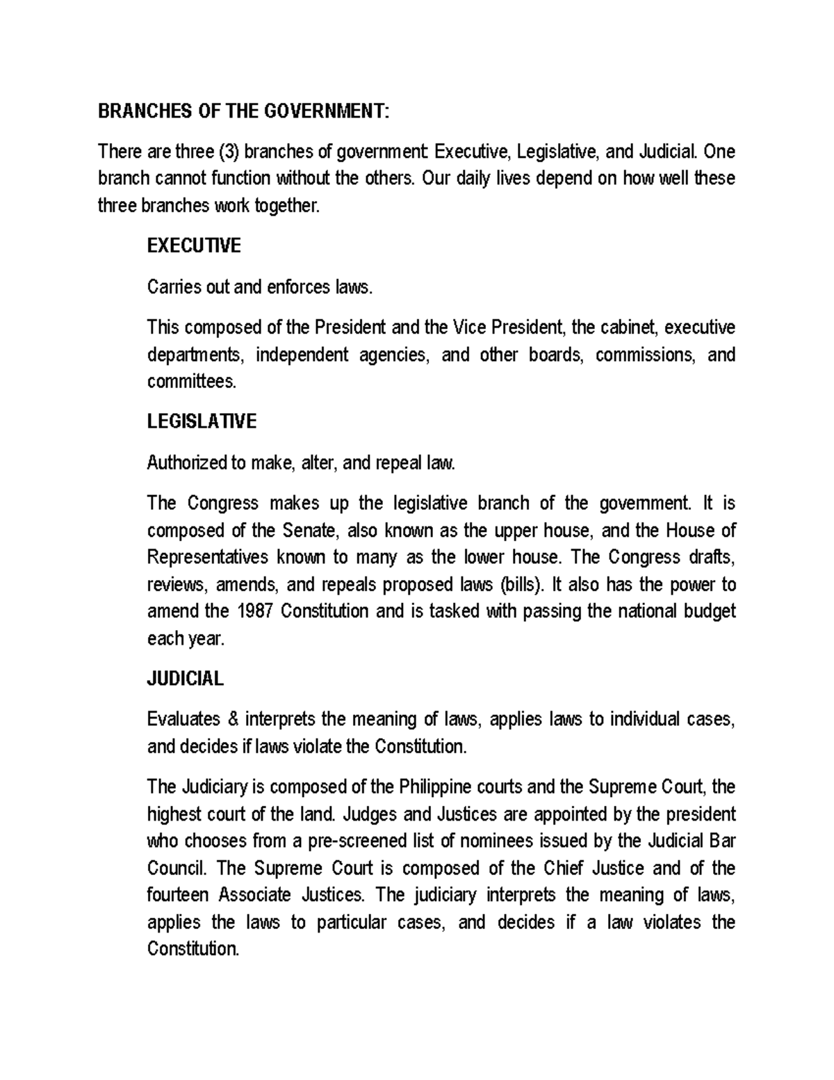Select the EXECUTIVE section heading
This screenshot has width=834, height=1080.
point(194,246)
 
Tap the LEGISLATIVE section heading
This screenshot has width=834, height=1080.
point(202,421)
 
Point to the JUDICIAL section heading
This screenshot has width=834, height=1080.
point(185,679)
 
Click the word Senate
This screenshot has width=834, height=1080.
point(311,531)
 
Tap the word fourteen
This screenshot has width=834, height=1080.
point(178,895)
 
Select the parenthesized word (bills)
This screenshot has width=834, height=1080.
point(519,585)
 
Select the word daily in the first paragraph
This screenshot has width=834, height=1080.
point(473,179)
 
